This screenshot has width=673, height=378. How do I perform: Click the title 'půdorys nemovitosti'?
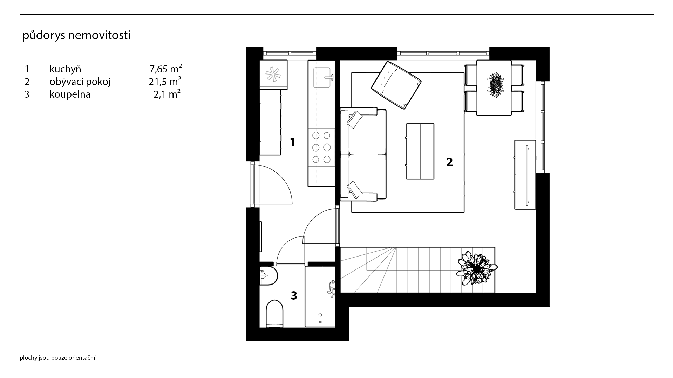pyautogui.click(x=76, y=36)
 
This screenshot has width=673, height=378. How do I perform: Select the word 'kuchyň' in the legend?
pyautogui.click(x=65, y=69)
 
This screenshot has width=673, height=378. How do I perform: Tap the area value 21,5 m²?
pyautogui.click(x=165, y=82)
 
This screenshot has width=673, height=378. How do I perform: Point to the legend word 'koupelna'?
pyautogui.click(x=70, y=94)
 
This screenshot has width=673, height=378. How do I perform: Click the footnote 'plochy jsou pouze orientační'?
pyautogui.click(x=57, y=358)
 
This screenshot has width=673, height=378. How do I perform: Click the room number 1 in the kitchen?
pyautogui.click(x=292, y=142)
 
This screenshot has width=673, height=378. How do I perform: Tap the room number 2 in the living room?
pyautogui.click(x=449, y=162)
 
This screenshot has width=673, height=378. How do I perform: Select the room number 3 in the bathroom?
pyautogui.click(x=294, y=295)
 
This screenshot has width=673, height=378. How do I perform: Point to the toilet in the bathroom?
pyautogui.click(x=274, y=314)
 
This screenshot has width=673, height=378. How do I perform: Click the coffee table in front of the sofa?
pyautogui.click(x=420, y=151)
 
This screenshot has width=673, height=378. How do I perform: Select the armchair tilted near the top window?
pyautogui.click(x=396, y=85)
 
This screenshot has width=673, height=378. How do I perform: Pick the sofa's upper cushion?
pyautogui.click(x=355, y=119)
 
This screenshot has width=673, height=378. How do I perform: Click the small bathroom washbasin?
pyautogui.click(x=268, y=276)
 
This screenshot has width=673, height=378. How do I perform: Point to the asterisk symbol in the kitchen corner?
pyautogui.click(x=273, y=75)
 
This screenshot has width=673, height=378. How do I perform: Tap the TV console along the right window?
pyautogui.click(x=525, y=175)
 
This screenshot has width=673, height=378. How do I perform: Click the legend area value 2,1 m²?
pyautogui.click(x=167, y=94)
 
